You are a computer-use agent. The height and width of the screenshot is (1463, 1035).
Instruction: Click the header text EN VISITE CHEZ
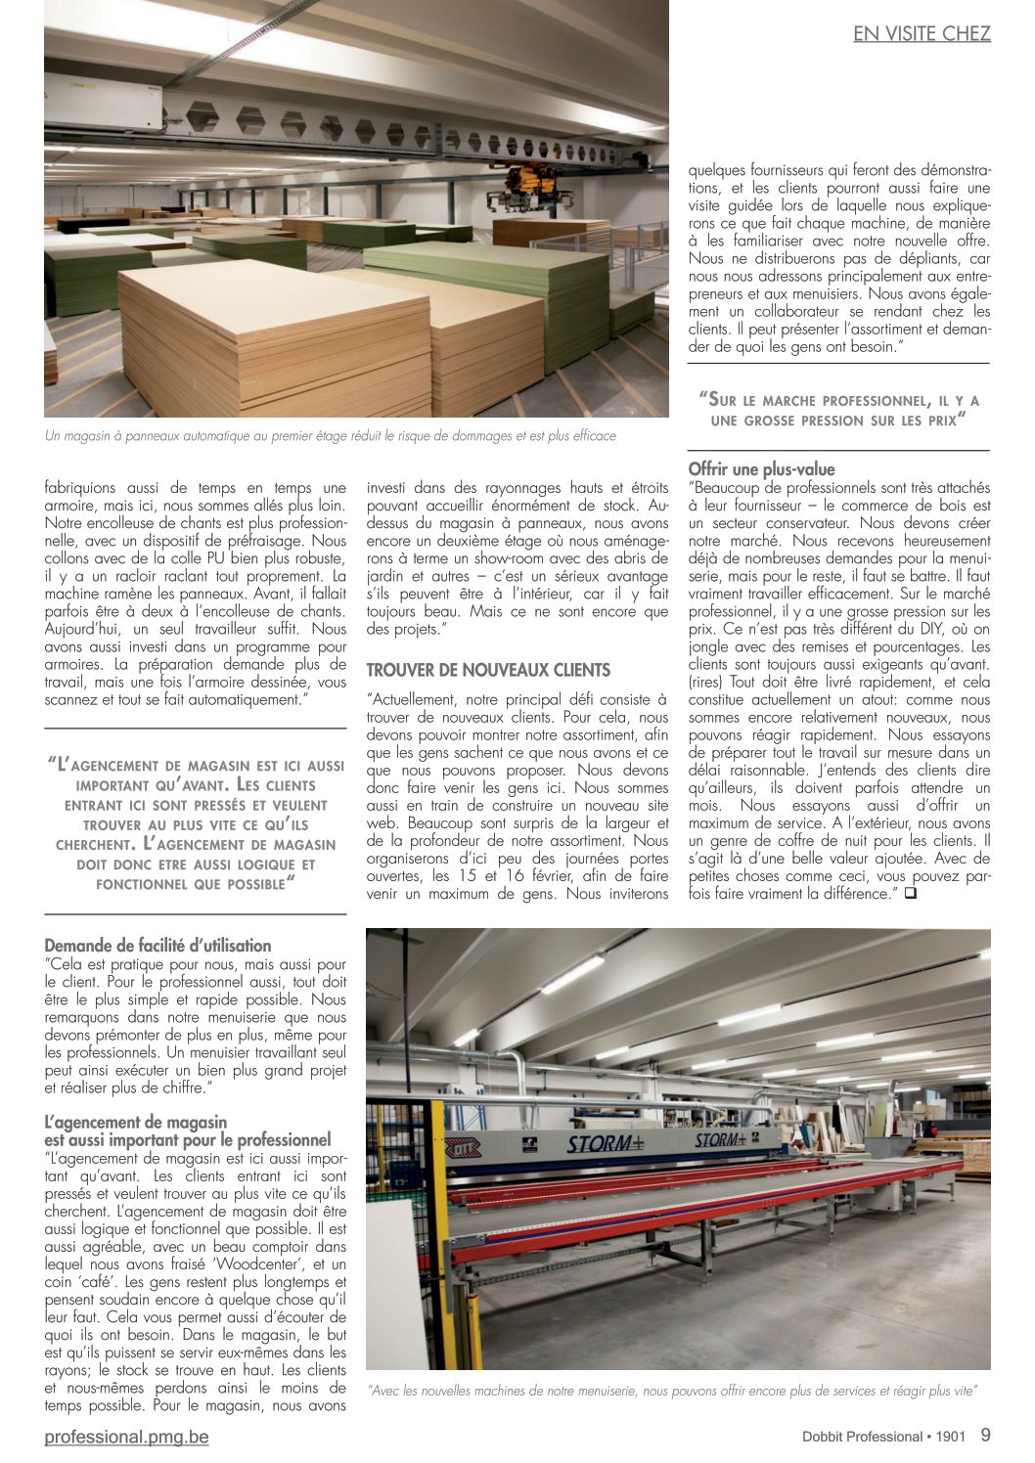pos(922,33)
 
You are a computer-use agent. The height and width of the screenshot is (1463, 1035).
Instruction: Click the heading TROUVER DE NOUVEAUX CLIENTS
pos(488,670)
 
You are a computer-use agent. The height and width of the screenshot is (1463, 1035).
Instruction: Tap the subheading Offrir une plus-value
pos(761,469)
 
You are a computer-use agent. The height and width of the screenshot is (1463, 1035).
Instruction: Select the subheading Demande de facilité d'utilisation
pos(157,946)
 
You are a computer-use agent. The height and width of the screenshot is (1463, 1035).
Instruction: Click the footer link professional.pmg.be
pos(126,1437)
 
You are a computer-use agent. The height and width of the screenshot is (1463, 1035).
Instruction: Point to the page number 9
pos(984,1435)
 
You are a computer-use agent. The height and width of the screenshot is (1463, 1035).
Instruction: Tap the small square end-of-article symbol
pos(911,893)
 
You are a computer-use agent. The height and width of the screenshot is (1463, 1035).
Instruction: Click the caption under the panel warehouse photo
pos(331,436)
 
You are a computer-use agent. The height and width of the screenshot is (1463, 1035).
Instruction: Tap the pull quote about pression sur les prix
pos(838,410)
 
